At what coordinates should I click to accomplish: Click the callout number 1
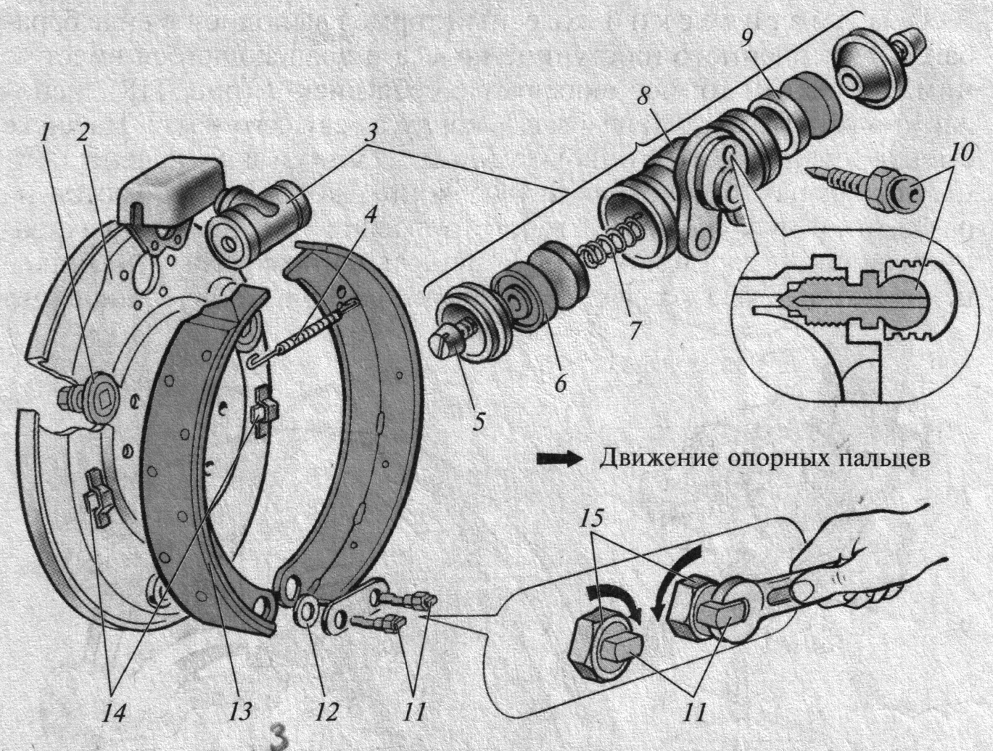click(x=46, y=133)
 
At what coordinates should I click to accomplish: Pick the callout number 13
click(x=241, y=711)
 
